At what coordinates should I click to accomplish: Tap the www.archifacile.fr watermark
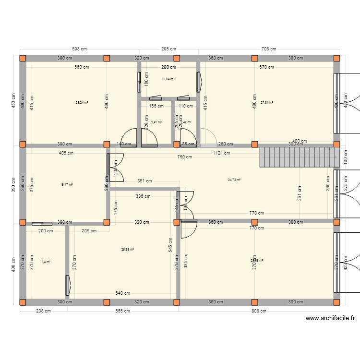pos(330,318)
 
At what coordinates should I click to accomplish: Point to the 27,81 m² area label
pos(267,102)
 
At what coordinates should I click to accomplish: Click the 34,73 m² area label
pos(234,180)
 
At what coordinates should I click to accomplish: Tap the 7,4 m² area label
pos(46,262)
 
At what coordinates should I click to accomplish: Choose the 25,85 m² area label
pos(128,249)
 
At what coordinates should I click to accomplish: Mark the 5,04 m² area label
pos(168,79)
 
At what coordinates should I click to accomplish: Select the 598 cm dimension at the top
pos(80,48)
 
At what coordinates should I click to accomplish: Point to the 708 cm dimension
pos(269,48)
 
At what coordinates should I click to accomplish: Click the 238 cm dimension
pos(43,311)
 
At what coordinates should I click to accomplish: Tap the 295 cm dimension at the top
pos(168,48)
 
